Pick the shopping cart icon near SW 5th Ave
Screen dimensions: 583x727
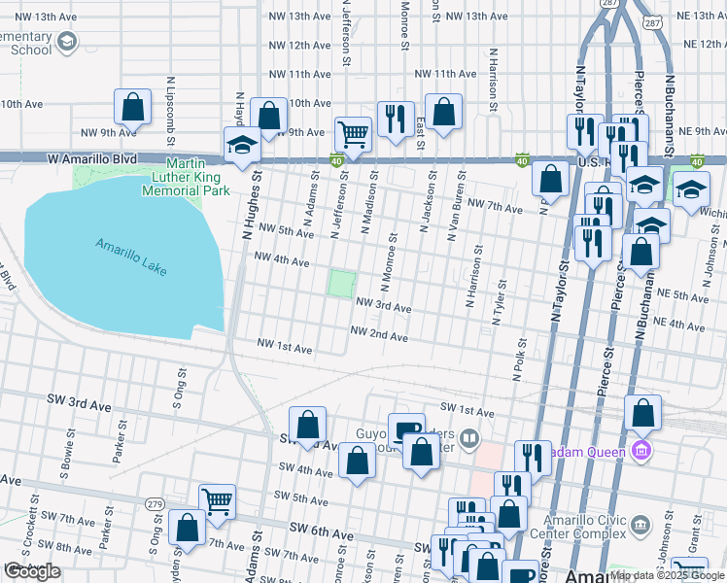(x=217, y=500)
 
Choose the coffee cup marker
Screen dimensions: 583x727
(x=406, y=429)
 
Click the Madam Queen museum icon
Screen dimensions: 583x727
(x=640, y=450)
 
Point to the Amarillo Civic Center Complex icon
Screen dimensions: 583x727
(x=640, y=525)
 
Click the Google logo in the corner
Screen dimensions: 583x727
(x=32, y=571)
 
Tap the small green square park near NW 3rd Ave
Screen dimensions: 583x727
(x=340, y=284)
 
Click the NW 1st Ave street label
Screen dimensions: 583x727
(x=284, y=346)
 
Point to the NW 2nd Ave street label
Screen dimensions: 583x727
(x=378, y=333)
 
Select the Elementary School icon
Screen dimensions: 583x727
(x=66, y=42)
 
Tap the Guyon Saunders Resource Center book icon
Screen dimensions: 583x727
(x=470, y=438)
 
